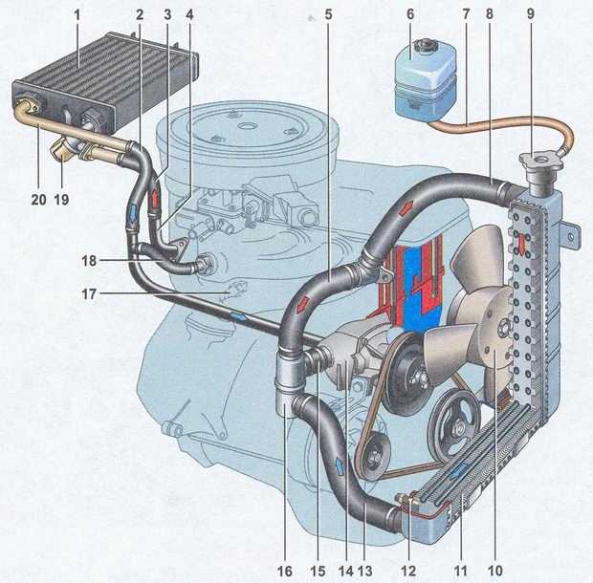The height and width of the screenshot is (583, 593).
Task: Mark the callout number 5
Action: [x=328, y=15]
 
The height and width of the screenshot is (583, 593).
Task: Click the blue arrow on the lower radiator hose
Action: [x=340, y=467]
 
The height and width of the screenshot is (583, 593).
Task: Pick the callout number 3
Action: [x=167, y=15]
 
